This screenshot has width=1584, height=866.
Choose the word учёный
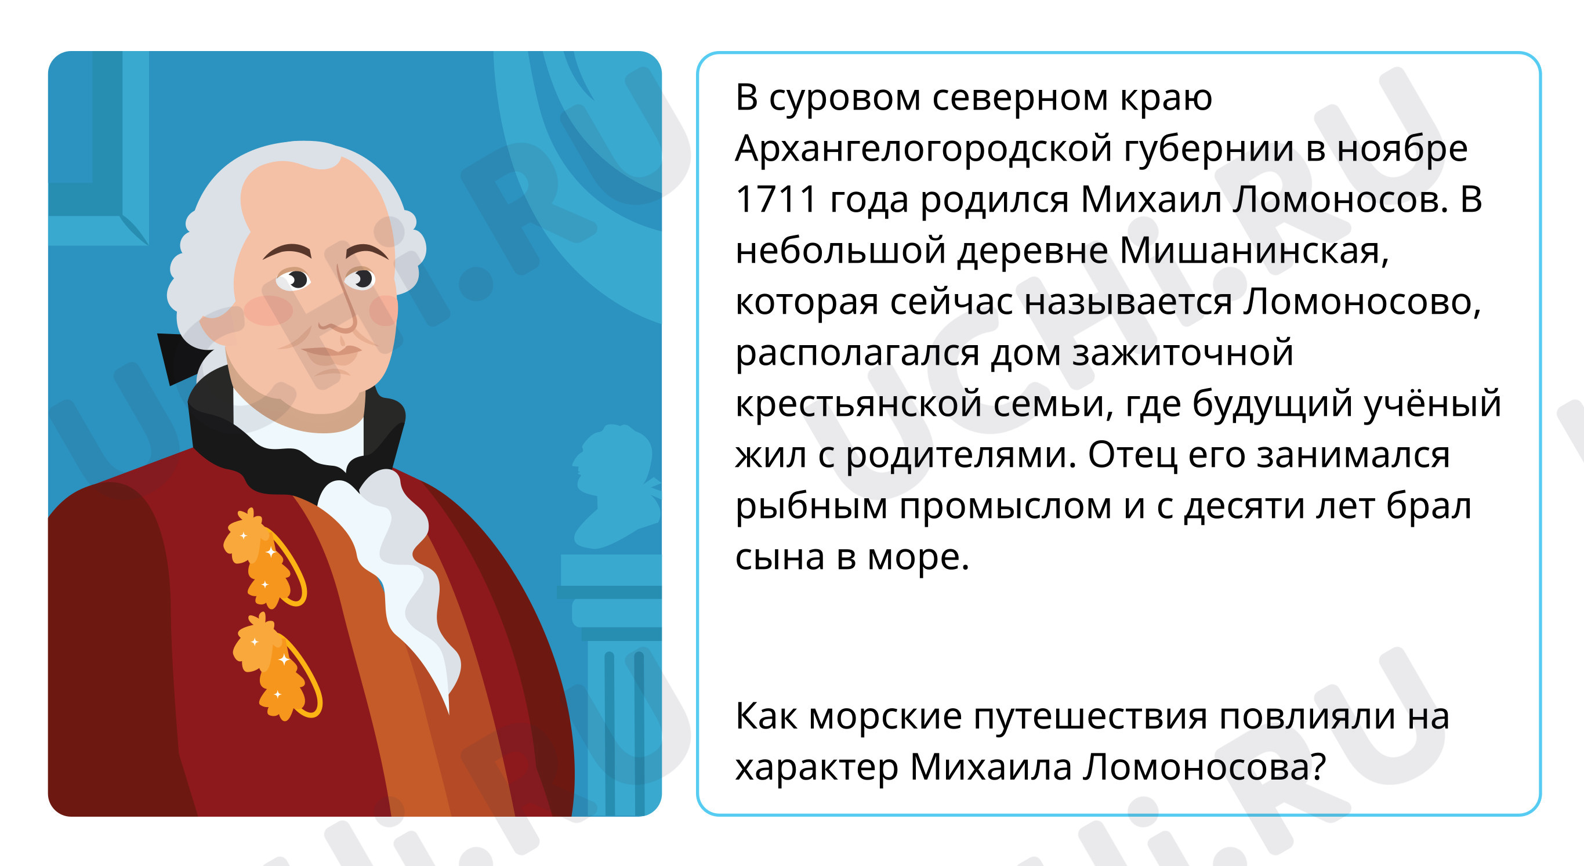1433,404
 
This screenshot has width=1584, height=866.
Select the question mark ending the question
1318,766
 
